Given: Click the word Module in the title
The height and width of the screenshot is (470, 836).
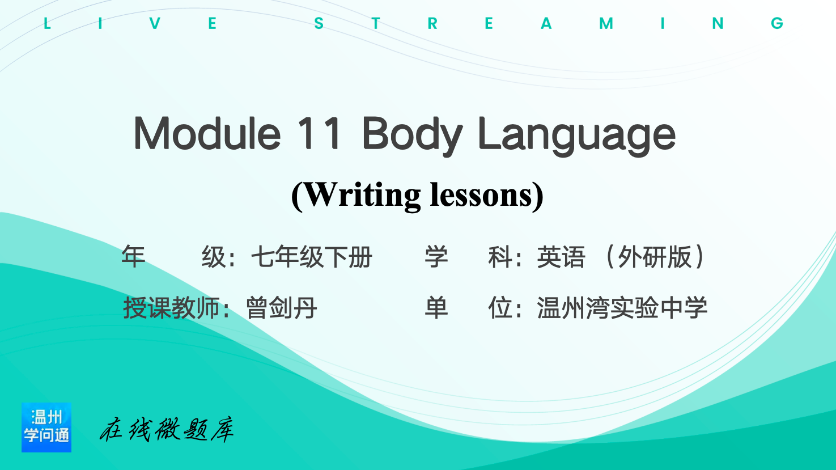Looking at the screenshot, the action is (x=207, y=133).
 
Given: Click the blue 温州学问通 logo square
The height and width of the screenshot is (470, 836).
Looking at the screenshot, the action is (x=46, y=427).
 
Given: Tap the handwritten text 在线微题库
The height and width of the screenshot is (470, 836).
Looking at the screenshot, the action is (x=167, y=429).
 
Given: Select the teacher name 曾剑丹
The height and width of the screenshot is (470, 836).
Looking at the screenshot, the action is (x=282, y=308).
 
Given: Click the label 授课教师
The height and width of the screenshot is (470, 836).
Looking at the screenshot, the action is (x=171, y=308).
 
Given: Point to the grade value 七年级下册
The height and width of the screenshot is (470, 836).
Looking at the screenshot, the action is (x=312, y=257).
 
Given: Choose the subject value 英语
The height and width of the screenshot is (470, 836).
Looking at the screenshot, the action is (x=561, y=257).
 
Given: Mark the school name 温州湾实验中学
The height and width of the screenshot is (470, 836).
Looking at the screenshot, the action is (x=622, y=308).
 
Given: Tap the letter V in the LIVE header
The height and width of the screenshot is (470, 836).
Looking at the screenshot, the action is (x=155, y=23).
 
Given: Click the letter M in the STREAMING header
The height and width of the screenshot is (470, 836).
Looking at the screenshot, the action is (x=606, y=23).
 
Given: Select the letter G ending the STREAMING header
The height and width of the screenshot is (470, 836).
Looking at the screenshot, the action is (x=777, y=23).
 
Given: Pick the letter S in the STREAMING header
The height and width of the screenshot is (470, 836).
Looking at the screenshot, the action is (x=319, y=23).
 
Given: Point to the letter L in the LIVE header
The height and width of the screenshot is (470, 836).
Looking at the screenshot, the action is (x=47, y=23).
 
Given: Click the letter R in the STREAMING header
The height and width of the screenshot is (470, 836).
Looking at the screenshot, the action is (x=432, y=23).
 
